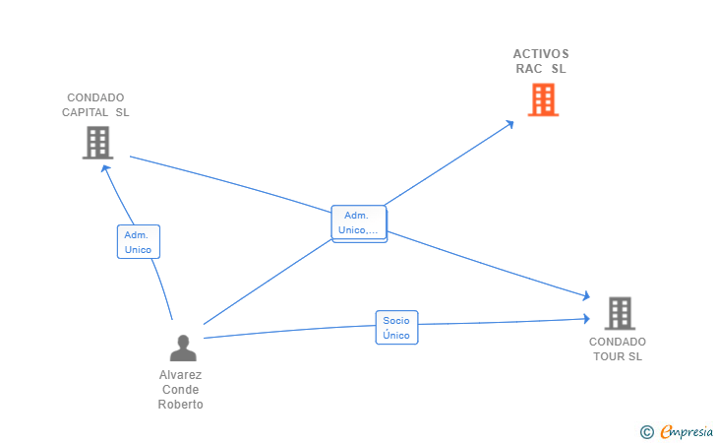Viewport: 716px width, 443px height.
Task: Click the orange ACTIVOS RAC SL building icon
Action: (543, 99)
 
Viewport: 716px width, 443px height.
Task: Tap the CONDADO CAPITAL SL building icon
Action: (97, 143)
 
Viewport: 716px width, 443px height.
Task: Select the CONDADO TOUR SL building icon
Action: (620, 313)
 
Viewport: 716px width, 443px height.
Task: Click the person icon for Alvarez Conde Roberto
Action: (183, 348)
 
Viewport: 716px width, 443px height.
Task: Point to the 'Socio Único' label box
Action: (396, 328)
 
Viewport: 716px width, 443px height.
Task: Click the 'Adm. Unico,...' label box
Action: (359, 223)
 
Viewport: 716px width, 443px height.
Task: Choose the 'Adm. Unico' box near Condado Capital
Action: (139, 242)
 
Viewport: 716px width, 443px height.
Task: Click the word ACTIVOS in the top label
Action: (541, 54)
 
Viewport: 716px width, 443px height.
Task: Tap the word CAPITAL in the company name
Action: (86, 112)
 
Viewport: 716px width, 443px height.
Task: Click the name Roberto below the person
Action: (180, 405)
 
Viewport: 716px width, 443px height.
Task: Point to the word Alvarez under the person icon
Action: (180, 375)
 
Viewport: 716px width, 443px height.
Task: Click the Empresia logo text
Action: (686, 431)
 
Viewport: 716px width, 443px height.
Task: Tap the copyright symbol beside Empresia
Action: (647, 432)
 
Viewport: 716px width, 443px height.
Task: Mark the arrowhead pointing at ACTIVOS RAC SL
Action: (509, 124)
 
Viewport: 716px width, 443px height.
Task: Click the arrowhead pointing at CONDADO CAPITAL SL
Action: (106, 168)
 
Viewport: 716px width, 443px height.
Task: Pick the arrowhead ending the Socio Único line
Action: (586, 319)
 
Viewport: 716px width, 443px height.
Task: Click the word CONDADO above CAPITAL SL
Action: (95, 97)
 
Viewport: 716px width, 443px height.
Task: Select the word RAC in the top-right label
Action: (529, 69)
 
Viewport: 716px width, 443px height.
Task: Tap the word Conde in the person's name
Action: (180, 390)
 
